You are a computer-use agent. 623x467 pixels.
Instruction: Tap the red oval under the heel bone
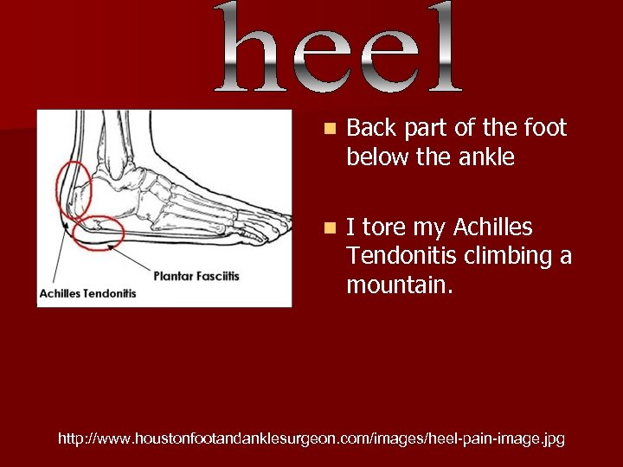point(99,229)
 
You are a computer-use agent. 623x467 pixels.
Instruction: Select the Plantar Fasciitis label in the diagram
point(196,276)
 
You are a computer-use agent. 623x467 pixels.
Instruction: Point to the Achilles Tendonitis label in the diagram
point(87,293)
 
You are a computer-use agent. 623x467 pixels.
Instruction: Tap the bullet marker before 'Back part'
point(327,129)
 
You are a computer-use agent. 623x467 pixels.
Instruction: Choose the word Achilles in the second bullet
point(493,227)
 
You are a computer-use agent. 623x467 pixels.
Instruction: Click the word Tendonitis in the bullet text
point(401,257)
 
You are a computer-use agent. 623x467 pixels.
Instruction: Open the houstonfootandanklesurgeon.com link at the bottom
point(311,439)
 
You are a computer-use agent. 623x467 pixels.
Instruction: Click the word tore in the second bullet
point(383,227)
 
